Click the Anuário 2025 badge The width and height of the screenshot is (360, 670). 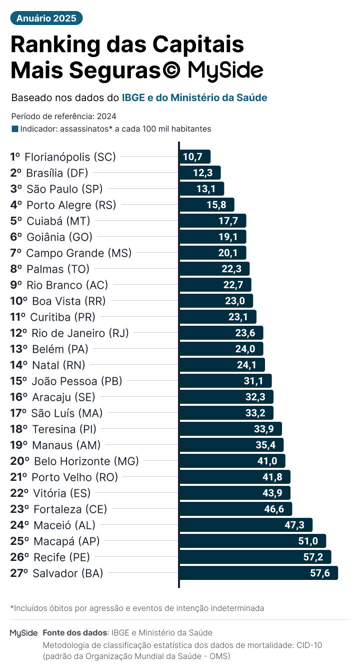pos(46,19)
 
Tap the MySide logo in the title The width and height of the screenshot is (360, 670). pos(225,71)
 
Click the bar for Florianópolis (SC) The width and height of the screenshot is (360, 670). pos(195,157)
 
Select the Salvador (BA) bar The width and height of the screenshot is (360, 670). pos(258,573)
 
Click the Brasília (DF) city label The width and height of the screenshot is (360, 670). pos(57,173)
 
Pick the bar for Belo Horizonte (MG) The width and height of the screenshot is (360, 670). pos(232,461)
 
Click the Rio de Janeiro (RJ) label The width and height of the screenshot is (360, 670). pos(80,333)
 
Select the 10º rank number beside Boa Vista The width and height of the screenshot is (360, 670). pos(18,301)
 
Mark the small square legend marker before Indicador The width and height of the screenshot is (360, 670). pos(14,129)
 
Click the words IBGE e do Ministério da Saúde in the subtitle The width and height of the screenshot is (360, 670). pos(194,98)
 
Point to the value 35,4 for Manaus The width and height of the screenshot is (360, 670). pos(265,445)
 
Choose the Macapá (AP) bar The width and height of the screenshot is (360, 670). pos(252,541)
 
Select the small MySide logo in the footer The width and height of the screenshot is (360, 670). pos(24,633)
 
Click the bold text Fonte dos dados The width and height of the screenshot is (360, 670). pos(75,633)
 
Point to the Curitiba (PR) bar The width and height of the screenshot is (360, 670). pos(218,317)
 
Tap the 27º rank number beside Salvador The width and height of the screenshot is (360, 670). pos(19,573)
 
